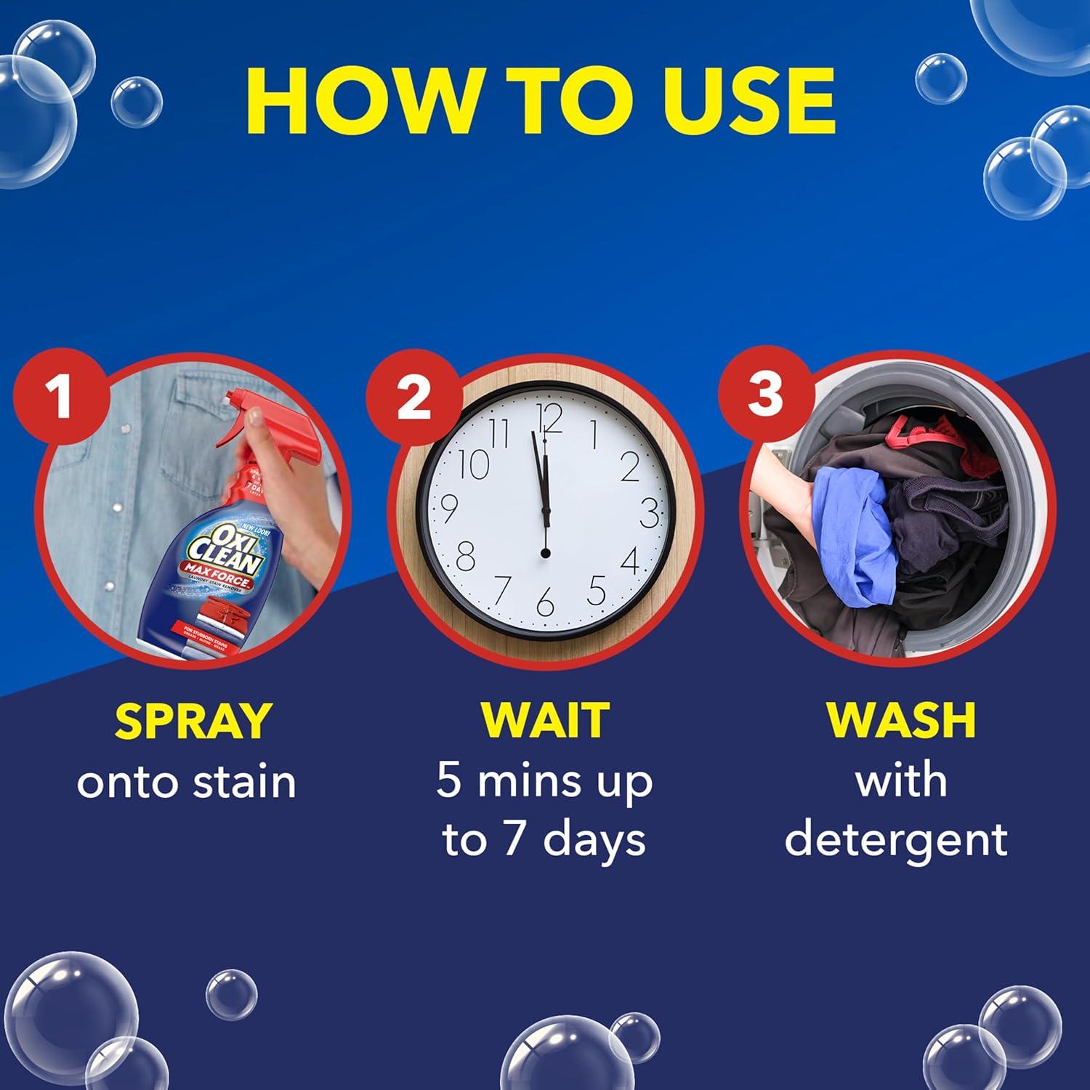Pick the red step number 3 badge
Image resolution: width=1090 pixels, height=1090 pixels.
[764, 396]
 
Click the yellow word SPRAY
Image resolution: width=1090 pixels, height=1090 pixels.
[192, 720]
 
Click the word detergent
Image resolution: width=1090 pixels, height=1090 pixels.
[896, 839]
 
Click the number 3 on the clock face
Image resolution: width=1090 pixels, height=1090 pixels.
[650, 512]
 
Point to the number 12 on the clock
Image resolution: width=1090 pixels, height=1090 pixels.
[549, 419]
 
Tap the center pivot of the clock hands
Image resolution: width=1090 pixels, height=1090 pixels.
[545, 554]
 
